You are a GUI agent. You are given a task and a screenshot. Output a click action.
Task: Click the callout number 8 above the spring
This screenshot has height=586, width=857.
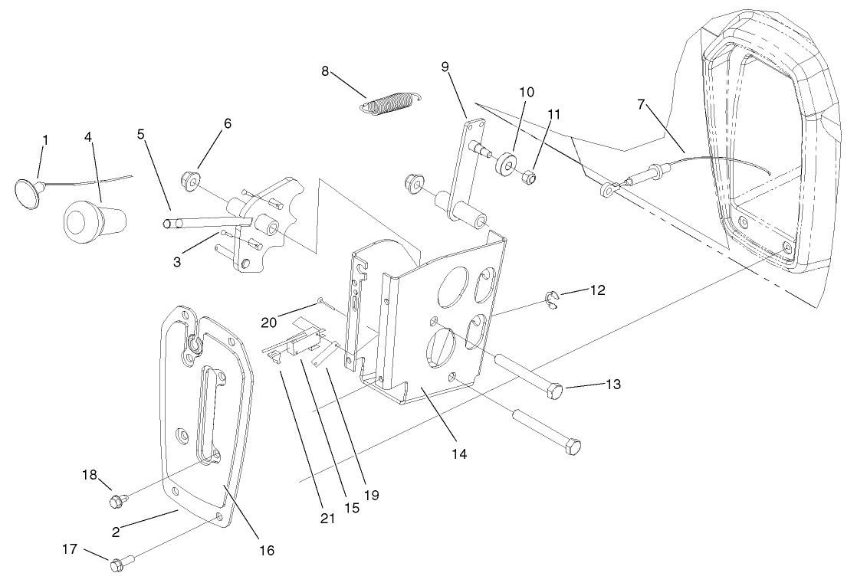click(325, 71)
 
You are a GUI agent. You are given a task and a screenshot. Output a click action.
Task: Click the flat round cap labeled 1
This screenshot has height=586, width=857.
click(28, 192)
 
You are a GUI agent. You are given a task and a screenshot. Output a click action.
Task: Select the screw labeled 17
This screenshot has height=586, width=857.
click(117, 567)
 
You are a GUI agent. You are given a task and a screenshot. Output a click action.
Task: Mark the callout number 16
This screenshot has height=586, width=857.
click(266, 550)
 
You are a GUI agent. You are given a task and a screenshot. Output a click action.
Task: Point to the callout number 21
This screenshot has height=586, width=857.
click(327, 519)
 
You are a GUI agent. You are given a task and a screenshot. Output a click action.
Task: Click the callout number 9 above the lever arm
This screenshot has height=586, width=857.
click(445, 66)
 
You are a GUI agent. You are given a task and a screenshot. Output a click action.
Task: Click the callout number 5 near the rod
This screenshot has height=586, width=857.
click(140, 133)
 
